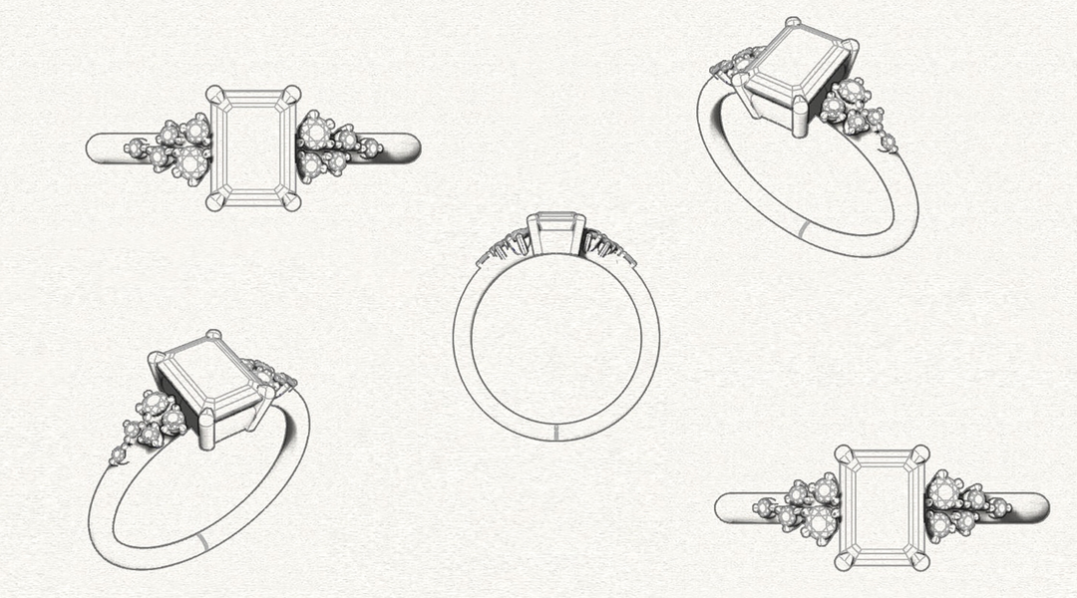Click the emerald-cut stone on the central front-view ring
(555, 232)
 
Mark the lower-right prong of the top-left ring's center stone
(290, 201)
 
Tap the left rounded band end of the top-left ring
(98, 149)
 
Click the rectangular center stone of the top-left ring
(252, 148)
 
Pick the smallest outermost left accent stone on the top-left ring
(131, 149)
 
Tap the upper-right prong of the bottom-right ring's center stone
(919, 453)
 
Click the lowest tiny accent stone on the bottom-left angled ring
(118, 455)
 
